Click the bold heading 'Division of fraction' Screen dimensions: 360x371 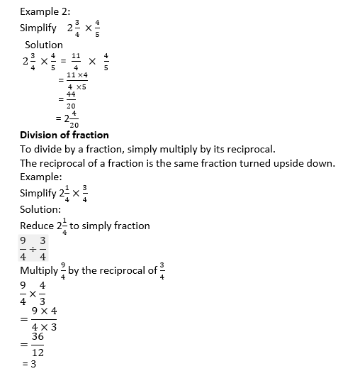tap(64, 135)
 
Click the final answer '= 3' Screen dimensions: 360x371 tap(29, 364)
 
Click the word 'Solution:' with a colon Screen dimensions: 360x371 tap(41, 209)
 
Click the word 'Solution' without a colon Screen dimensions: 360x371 tap(44, 45)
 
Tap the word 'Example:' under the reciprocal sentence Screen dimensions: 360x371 tap(41, 177)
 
